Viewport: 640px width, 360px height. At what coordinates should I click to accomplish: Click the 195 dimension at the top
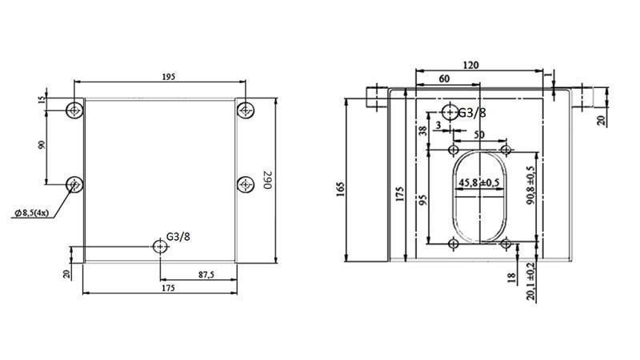[168, 76]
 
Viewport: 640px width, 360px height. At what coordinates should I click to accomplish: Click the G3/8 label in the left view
[178, 237]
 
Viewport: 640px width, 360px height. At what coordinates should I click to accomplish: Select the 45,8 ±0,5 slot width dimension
[479, 183]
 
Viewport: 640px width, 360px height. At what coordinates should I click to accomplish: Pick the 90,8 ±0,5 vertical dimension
[530, 186]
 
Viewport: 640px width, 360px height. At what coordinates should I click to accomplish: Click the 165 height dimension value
[339, 189]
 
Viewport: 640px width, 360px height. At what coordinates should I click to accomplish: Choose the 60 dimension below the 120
[445, 79]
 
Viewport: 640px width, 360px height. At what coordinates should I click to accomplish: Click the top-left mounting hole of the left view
[74, 109]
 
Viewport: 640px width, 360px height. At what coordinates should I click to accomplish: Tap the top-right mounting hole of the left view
[245, 109]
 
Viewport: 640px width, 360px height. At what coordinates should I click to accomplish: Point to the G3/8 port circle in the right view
[450, 112]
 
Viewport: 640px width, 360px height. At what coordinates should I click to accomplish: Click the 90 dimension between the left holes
[42, 145]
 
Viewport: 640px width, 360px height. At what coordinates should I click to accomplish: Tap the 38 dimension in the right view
[422, 130]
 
